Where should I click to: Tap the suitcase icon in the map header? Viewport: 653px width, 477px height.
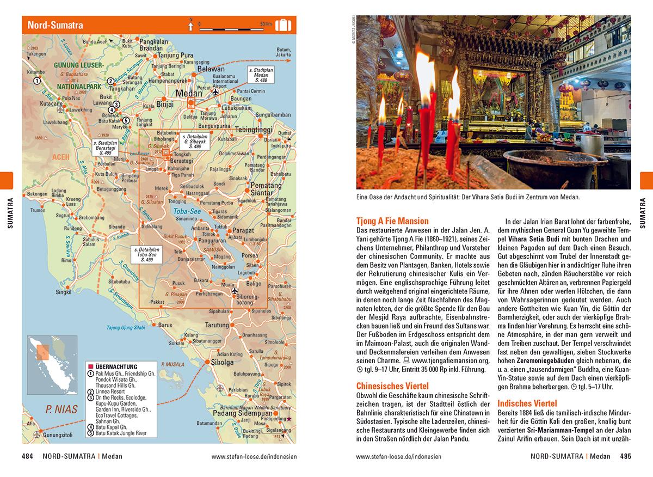(283, 25)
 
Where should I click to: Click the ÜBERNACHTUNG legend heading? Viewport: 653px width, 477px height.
(116, 367)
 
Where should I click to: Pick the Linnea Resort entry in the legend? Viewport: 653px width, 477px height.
(110, 391)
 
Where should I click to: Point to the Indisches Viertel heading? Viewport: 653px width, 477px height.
(527, 403)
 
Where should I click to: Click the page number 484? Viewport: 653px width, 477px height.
(28, 456)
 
